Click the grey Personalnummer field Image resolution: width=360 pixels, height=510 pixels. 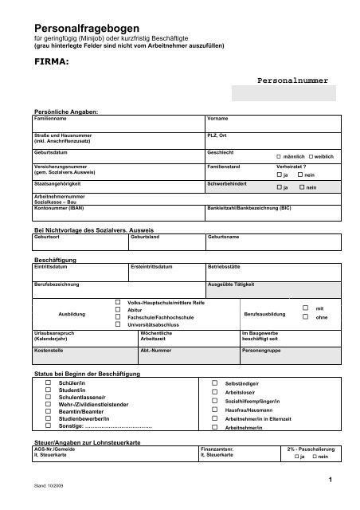point(282,94)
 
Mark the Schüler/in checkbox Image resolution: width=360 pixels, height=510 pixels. point(46,383)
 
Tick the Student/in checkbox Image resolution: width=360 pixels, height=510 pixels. point(46,390)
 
